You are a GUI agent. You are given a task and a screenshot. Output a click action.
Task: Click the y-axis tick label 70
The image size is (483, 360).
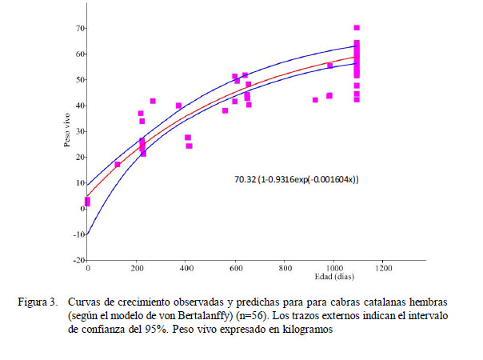tap(80, 28)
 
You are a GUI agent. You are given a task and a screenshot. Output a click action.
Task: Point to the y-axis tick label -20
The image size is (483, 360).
tap(78, 261)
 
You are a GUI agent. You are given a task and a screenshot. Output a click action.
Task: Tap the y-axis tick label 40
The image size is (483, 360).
tap(80, 106)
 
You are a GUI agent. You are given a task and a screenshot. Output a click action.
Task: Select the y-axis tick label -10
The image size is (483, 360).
tap(78, 235)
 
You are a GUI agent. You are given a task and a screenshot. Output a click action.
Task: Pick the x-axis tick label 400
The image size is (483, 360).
tap(186, 268)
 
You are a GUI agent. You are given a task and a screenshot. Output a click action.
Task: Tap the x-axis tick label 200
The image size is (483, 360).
tap(137, 268)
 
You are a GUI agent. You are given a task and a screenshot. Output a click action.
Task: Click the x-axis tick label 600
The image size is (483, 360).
tap(235, 268)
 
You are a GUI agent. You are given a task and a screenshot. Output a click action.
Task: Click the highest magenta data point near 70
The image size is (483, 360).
tap(357, 28)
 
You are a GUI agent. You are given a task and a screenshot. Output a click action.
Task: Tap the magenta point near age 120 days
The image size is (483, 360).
tap(118, 165)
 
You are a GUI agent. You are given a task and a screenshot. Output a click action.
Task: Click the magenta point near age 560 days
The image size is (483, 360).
tap(226, 110)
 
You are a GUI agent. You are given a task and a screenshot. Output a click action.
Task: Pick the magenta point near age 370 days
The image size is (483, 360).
tap(179, 106)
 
